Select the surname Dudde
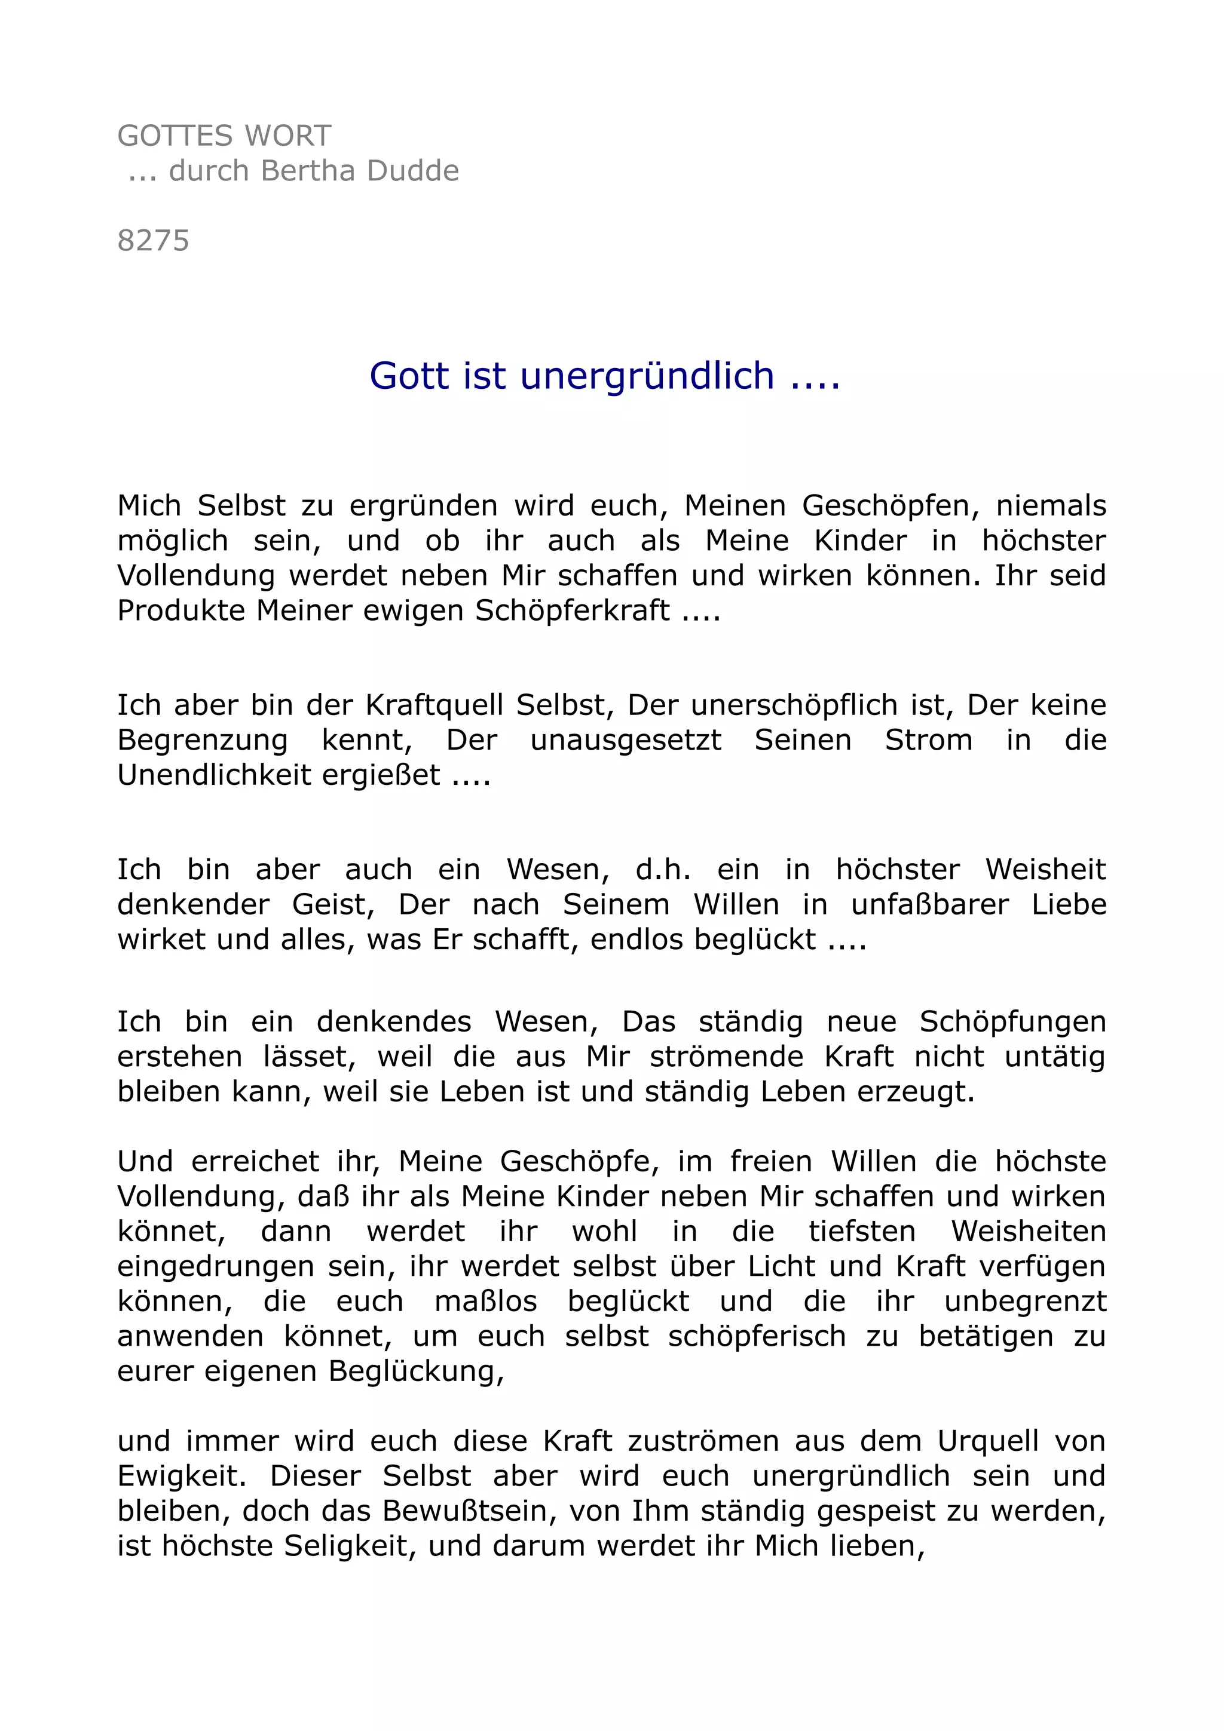[x=412, y=171]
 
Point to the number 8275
[x=153, y=241]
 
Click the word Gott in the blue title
[x=409, y=376]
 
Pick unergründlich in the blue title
[x=647, y=376]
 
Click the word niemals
[x=1051, y=506]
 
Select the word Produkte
[x=181, y=610]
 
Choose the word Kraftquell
[x=434, y=705]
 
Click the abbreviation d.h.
[x=663, y=870]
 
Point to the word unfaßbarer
[x=929, y=905]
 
